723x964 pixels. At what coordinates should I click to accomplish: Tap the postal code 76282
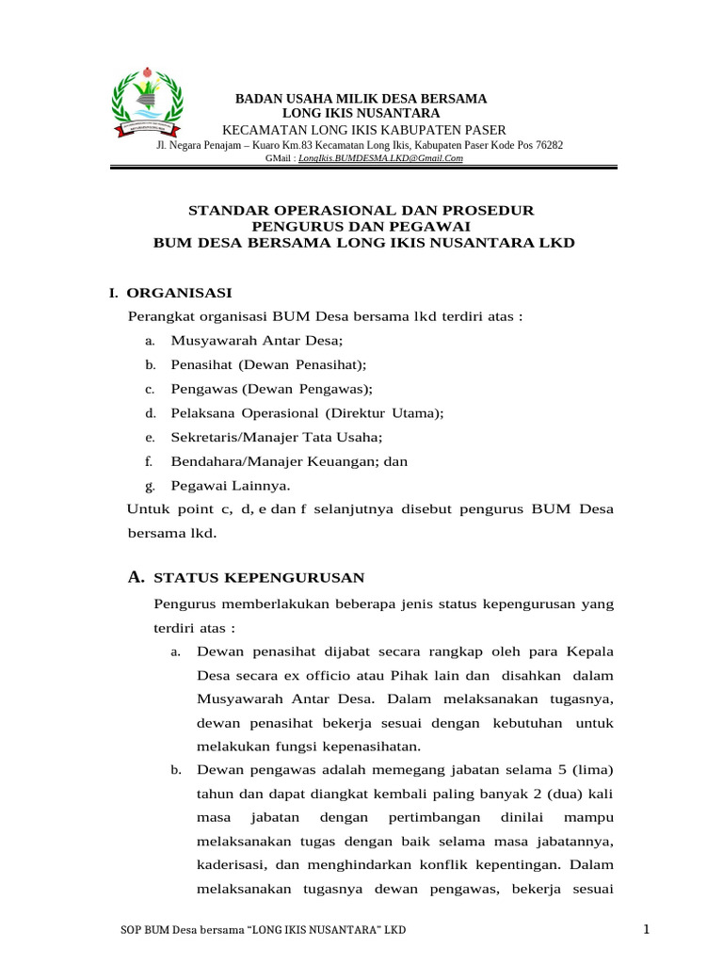pyautogui.click(x=546, y=145)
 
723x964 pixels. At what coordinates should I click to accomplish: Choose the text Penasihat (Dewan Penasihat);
pyautogui.click(x=268, y=364)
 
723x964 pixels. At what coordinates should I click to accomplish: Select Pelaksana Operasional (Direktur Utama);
pyautogui.click(x=307, y=413)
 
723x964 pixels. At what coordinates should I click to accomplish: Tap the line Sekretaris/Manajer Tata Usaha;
pyautogui.click(x=277, y=438)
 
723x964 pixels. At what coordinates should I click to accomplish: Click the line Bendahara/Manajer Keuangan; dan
pyautogui.click(x=289, y=461)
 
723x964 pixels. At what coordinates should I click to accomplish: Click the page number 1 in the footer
pyautogui.click(x=647, y=930)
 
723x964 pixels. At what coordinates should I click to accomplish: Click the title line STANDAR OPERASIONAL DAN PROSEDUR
pyautogui.click(x=362, y=210)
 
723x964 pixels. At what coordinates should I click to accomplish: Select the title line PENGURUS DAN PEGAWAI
pyautogui.click(x=362, y=226)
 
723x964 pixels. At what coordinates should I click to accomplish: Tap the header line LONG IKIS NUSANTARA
pyautogui.click(x=361, y=113)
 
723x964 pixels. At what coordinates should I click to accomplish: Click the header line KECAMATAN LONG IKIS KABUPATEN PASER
pyautogui.click(x=362, y=129)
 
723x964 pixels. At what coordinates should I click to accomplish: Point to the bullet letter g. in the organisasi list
pyautogui.click(x=149, y=487)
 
